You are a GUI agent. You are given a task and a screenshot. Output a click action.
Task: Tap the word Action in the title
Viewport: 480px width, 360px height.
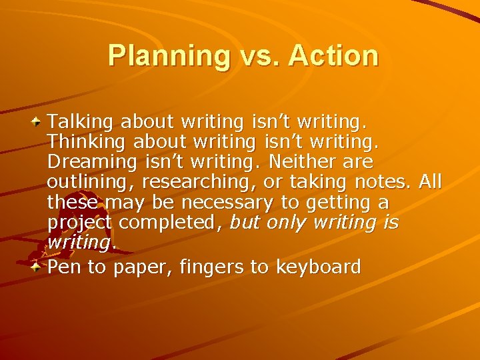(333, 55)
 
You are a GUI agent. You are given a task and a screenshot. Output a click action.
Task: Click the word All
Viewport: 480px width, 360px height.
(430, 183)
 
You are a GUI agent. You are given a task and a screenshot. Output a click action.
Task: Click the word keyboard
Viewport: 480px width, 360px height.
(318, 268)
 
